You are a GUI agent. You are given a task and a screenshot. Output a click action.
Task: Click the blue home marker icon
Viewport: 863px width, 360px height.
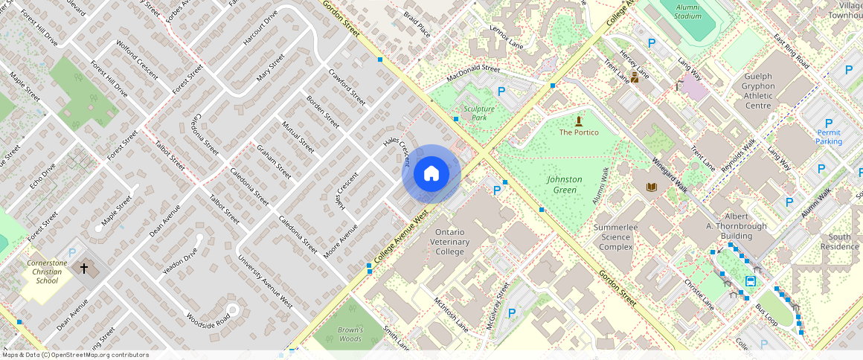click(431, 174)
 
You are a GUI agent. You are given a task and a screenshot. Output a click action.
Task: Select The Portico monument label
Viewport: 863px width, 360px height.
click(579, 132)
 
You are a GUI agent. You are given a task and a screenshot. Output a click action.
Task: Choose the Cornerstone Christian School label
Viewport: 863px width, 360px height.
click(47, 271)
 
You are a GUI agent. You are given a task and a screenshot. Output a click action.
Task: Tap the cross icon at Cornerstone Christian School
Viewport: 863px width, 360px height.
click(84, 267)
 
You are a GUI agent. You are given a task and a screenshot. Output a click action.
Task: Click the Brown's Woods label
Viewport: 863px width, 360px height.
click(350, 334)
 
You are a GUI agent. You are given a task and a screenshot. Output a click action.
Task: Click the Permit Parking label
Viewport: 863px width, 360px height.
click(829, 137)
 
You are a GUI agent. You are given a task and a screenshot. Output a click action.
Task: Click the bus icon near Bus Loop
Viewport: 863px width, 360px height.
click(751, 281)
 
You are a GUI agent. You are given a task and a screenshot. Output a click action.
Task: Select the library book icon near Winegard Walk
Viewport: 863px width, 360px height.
click(652, 187)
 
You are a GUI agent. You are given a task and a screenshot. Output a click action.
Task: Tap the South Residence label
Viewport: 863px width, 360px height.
click(839, 242)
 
